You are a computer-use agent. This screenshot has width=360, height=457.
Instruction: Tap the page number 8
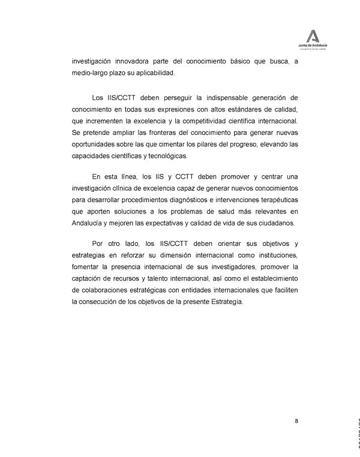click(x=297, y=420)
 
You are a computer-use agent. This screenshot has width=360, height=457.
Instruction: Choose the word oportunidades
click(x=95, y=145)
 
